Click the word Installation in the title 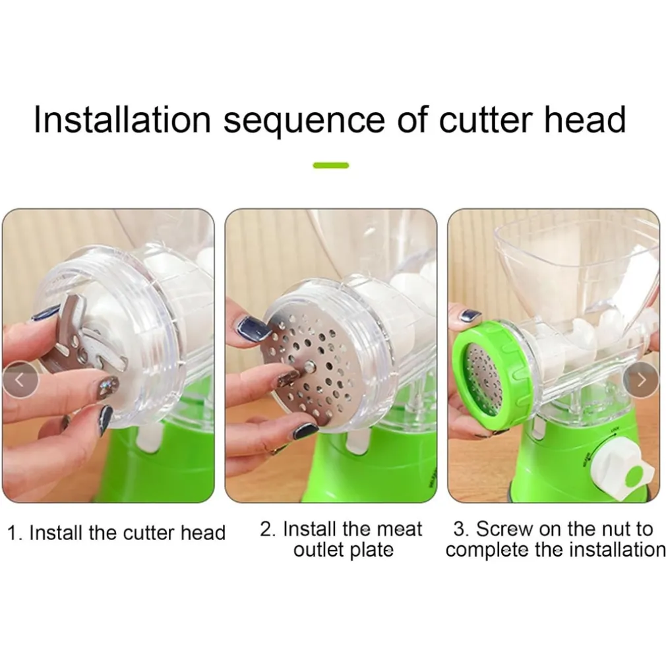(123, 119)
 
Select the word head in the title (585, 119)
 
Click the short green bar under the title (331, 166)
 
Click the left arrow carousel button (20, 380)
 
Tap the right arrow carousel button (641, 380)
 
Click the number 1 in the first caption (13, 533)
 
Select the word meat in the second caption (399, 530)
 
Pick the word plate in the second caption (372, 550)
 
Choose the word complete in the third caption (487, 550)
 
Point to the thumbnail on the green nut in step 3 (471, 317)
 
